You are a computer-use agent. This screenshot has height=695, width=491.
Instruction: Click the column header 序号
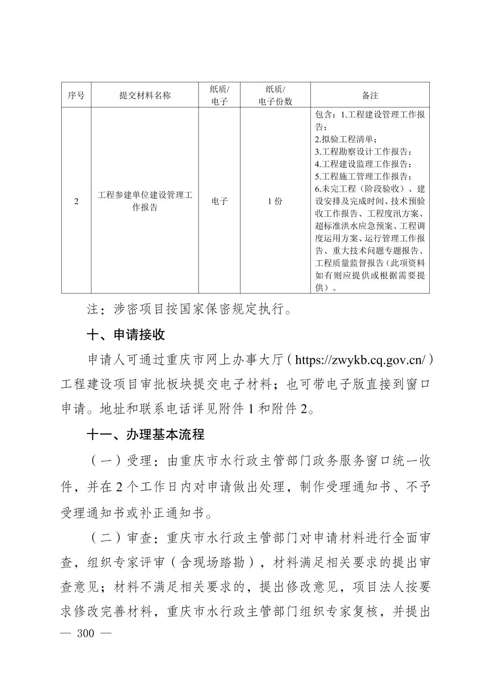point(76,96)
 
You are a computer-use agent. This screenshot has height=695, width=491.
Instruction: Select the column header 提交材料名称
point(144,96)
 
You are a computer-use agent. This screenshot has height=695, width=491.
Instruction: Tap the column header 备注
point(370,96)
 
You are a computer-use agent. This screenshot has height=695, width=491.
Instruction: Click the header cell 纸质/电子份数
point(275,96)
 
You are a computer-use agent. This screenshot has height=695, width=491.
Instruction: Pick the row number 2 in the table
point(76,201)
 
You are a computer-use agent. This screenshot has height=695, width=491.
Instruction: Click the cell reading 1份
point(275,201)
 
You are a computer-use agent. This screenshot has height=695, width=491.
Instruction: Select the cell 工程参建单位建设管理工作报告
point(144,201)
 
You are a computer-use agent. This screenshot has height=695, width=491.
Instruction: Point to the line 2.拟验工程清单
point(346,139)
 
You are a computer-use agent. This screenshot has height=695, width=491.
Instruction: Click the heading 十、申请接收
point(126,335)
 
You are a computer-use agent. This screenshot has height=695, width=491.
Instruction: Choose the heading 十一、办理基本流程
point(145,434)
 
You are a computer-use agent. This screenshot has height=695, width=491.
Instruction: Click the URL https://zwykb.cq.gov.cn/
point(361,360)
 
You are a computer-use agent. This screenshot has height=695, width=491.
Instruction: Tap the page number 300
point(86,634)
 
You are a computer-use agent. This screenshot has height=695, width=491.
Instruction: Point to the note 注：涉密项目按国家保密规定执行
point(189,310)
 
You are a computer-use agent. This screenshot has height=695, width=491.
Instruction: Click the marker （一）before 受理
point(105,461)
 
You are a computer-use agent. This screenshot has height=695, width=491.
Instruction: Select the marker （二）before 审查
point(105,538)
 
